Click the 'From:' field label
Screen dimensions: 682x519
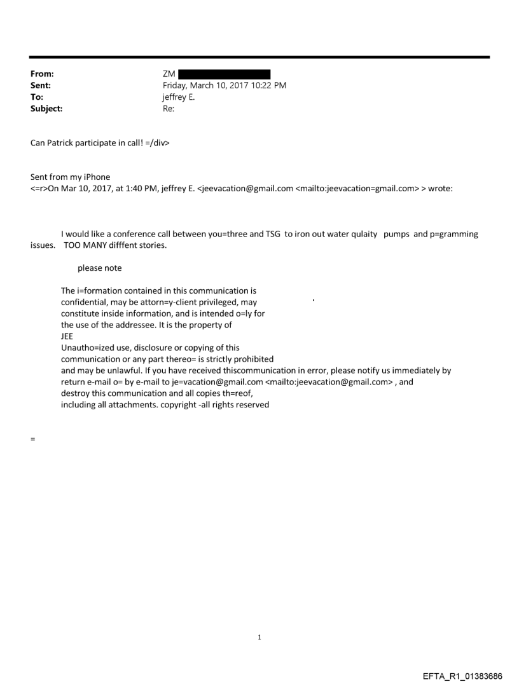pos(42,74)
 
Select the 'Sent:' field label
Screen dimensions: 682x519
pos(41,86)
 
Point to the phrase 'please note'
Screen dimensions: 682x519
pos(100,268)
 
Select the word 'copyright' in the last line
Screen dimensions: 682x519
pos(174,405)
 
